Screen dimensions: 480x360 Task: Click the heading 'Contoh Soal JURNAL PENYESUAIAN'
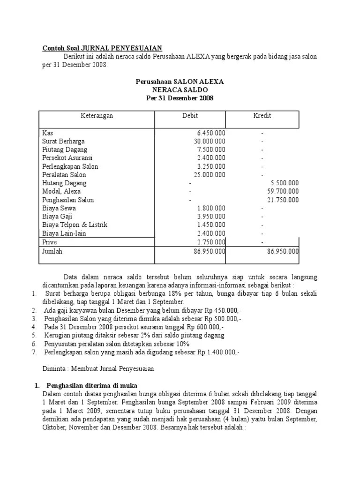pos(102,48)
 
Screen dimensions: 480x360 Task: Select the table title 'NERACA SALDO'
pos(180,90)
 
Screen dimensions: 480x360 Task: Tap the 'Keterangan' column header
pos(97,116)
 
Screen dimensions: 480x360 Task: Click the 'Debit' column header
pos(190,116)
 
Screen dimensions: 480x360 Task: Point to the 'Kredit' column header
pos(262,116)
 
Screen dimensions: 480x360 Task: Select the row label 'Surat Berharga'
pos(63,142)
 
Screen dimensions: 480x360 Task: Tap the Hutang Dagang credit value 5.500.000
pos(285,183)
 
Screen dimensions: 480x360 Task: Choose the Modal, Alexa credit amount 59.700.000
pos(283,192)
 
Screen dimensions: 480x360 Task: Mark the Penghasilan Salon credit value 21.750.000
pos(283,200)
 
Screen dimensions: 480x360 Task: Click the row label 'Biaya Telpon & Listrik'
pos(75,225)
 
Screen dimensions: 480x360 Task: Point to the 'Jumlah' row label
pos(52,251)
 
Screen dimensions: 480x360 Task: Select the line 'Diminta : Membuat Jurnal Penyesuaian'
pos(98,368)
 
